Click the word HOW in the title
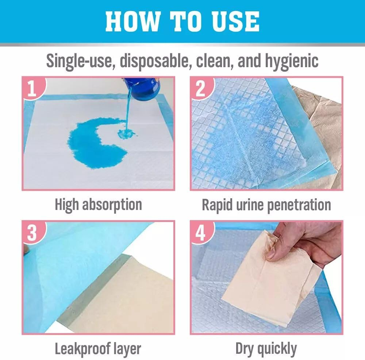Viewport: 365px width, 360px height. (x=133, y=21)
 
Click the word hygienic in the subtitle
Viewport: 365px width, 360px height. (x=292, y=61)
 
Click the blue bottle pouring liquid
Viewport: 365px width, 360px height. (x=142, y=88)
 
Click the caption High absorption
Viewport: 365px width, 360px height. (x=99, y=205)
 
